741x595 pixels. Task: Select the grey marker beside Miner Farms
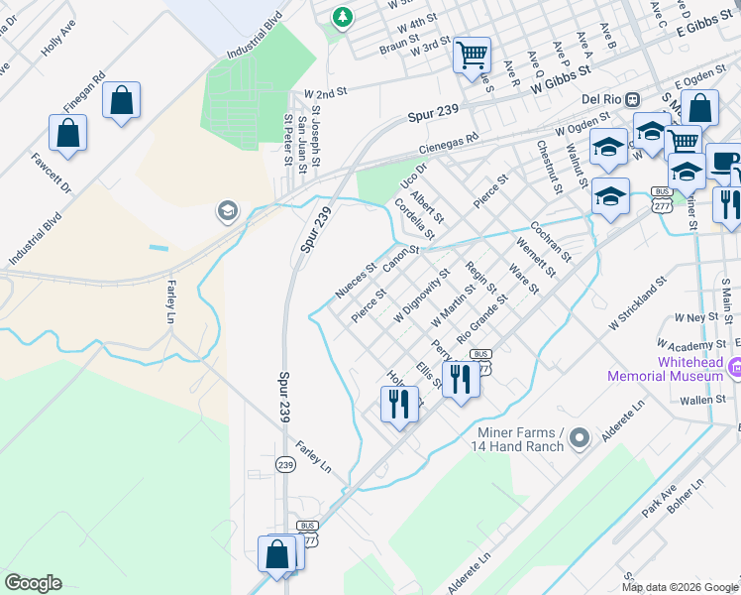(581, 437)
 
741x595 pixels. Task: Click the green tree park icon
(342, 17)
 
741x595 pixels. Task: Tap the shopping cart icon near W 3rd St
(473, 54)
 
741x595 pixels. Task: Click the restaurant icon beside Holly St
(398, 404)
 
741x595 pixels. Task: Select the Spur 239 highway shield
(285, 464)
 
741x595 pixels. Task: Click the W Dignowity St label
(422, 294)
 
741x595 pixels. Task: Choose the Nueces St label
(356, 281)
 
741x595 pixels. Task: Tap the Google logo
(33, 583)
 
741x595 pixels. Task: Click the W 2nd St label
(326, 91)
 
